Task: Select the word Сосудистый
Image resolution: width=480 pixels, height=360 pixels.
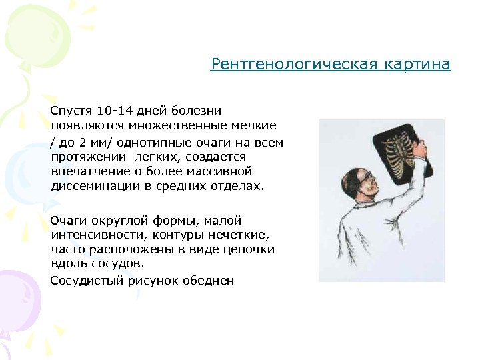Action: tap(82, 281)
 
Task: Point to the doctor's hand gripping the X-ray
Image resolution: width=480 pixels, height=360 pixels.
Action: tap(419, 153)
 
